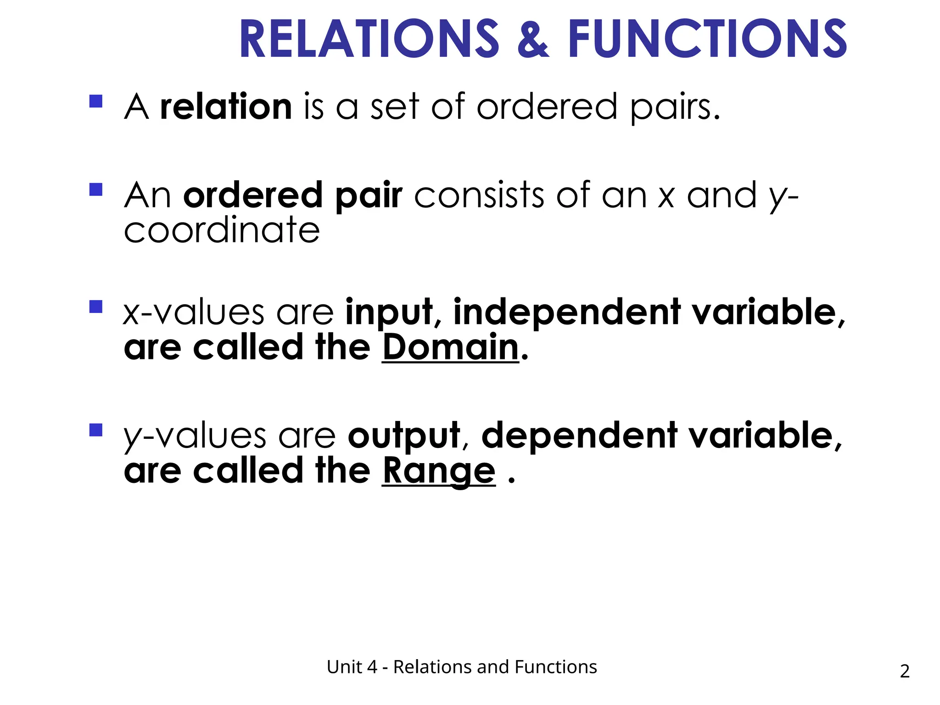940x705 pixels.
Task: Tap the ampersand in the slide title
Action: coord(533,40)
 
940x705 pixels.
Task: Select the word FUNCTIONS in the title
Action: coord(707,39)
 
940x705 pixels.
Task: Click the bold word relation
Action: coord(226,107)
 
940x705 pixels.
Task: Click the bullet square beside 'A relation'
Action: coord(96,101)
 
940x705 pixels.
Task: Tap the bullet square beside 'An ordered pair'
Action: coord(96,190)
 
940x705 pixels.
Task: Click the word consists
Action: coord(479,196)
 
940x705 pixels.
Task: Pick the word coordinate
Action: coord(222,230)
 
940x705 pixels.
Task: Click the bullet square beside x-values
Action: coord(96,307)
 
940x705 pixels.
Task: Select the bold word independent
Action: coord(567,313)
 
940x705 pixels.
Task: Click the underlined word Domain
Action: coord(450,347)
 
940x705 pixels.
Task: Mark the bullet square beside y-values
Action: coord(96,430)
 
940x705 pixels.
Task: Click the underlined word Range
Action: coord(439,471)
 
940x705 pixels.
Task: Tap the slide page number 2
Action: coord(904,671)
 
